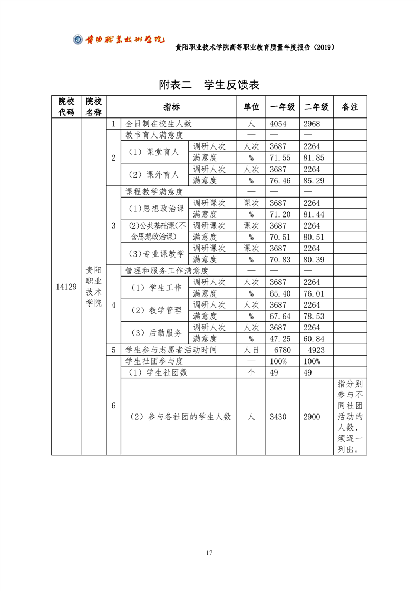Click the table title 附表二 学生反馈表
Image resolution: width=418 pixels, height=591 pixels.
click(x=209, y=85)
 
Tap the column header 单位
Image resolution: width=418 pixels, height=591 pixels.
click(x=251, y=107)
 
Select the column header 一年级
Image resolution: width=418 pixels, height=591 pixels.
click(x=283, y=107)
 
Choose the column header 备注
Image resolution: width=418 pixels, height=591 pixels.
click(x=350, y=107)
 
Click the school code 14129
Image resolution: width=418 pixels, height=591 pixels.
click(x=66, y=287)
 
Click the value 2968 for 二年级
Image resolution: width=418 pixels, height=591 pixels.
click(x=312, y=124)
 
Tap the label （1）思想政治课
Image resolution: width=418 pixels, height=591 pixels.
click(x=157, y=209)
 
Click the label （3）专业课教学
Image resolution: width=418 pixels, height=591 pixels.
click(x=157, y=254)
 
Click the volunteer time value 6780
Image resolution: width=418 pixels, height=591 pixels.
click(x=283, y=350)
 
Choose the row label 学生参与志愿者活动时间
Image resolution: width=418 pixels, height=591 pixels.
click(x=171, y=350)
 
